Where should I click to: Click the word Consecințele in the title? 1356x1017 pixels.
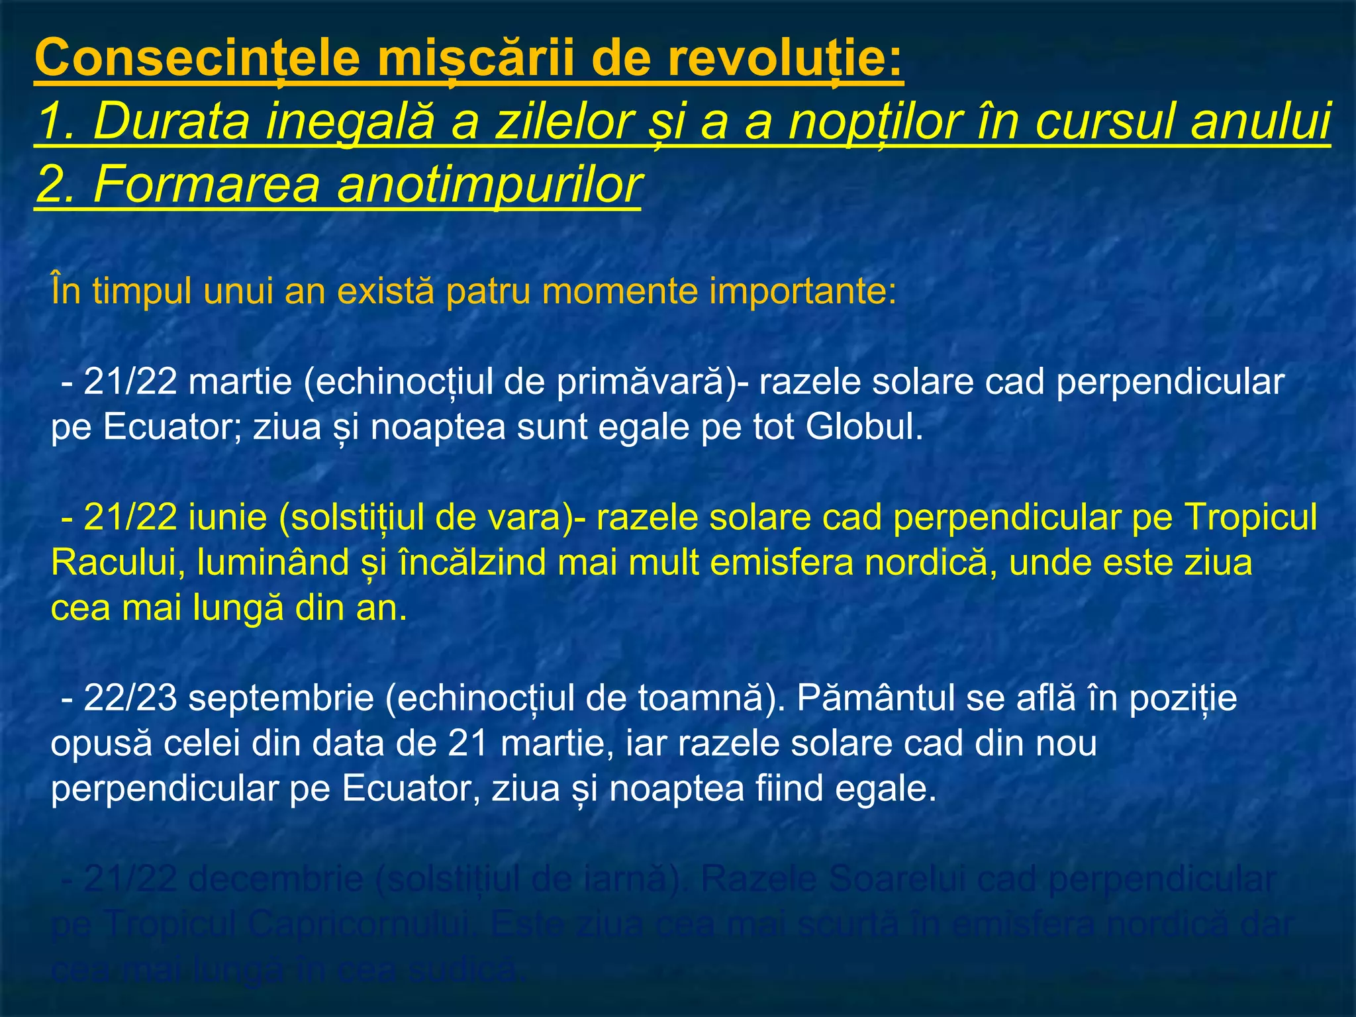coord(197,58)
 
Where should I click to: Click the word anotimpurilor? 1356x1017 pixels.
coord(489,185)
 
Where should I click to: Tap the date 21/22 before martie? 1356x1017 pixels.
coord(130,382)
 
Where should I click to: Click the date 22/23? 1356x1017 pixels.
coord(130,698)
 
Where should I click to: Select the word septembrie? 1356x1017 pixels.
coord(281,699)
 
